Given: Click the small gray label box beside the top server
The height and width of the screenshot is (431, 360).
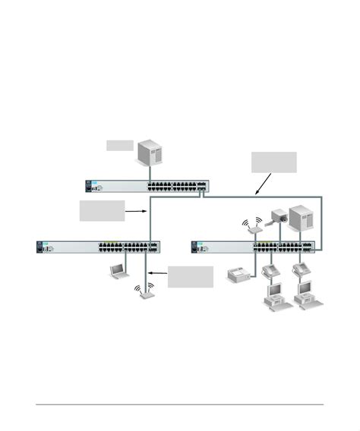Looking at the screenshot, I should pyautogui.click(x=119, y=144).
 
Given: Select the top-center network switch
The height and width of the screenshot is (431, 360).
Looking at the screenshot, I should pyautogui.click(x=147, y=187).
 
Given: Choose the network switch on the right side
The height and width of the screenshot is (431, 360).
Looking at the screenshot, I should pyautogui.click(x=254, y=247).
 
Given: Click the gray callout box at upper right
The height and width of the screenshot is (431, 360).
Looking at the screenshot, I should pyautogui.click(x=273, y=162).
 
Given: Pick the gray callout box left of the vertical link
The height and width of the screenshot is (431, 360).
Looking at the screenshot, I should pyautogui.click(x=102, y=211).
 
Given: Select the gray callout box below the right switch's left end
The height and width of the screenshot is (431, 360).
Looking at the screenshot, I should pyautogui.click(x=191, y=276).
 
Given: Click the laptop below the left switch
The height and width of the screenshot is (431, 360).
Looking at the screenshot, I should pyautogui.click(x=118, y=269).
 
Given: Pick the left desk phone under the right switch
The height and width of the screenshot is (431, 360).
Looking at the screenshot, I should pyautogui.click(x=270, y=270).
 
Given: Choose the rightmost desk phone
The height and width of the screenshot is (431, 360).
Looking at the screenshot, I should pyautogui.click(x=299, y=270).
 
